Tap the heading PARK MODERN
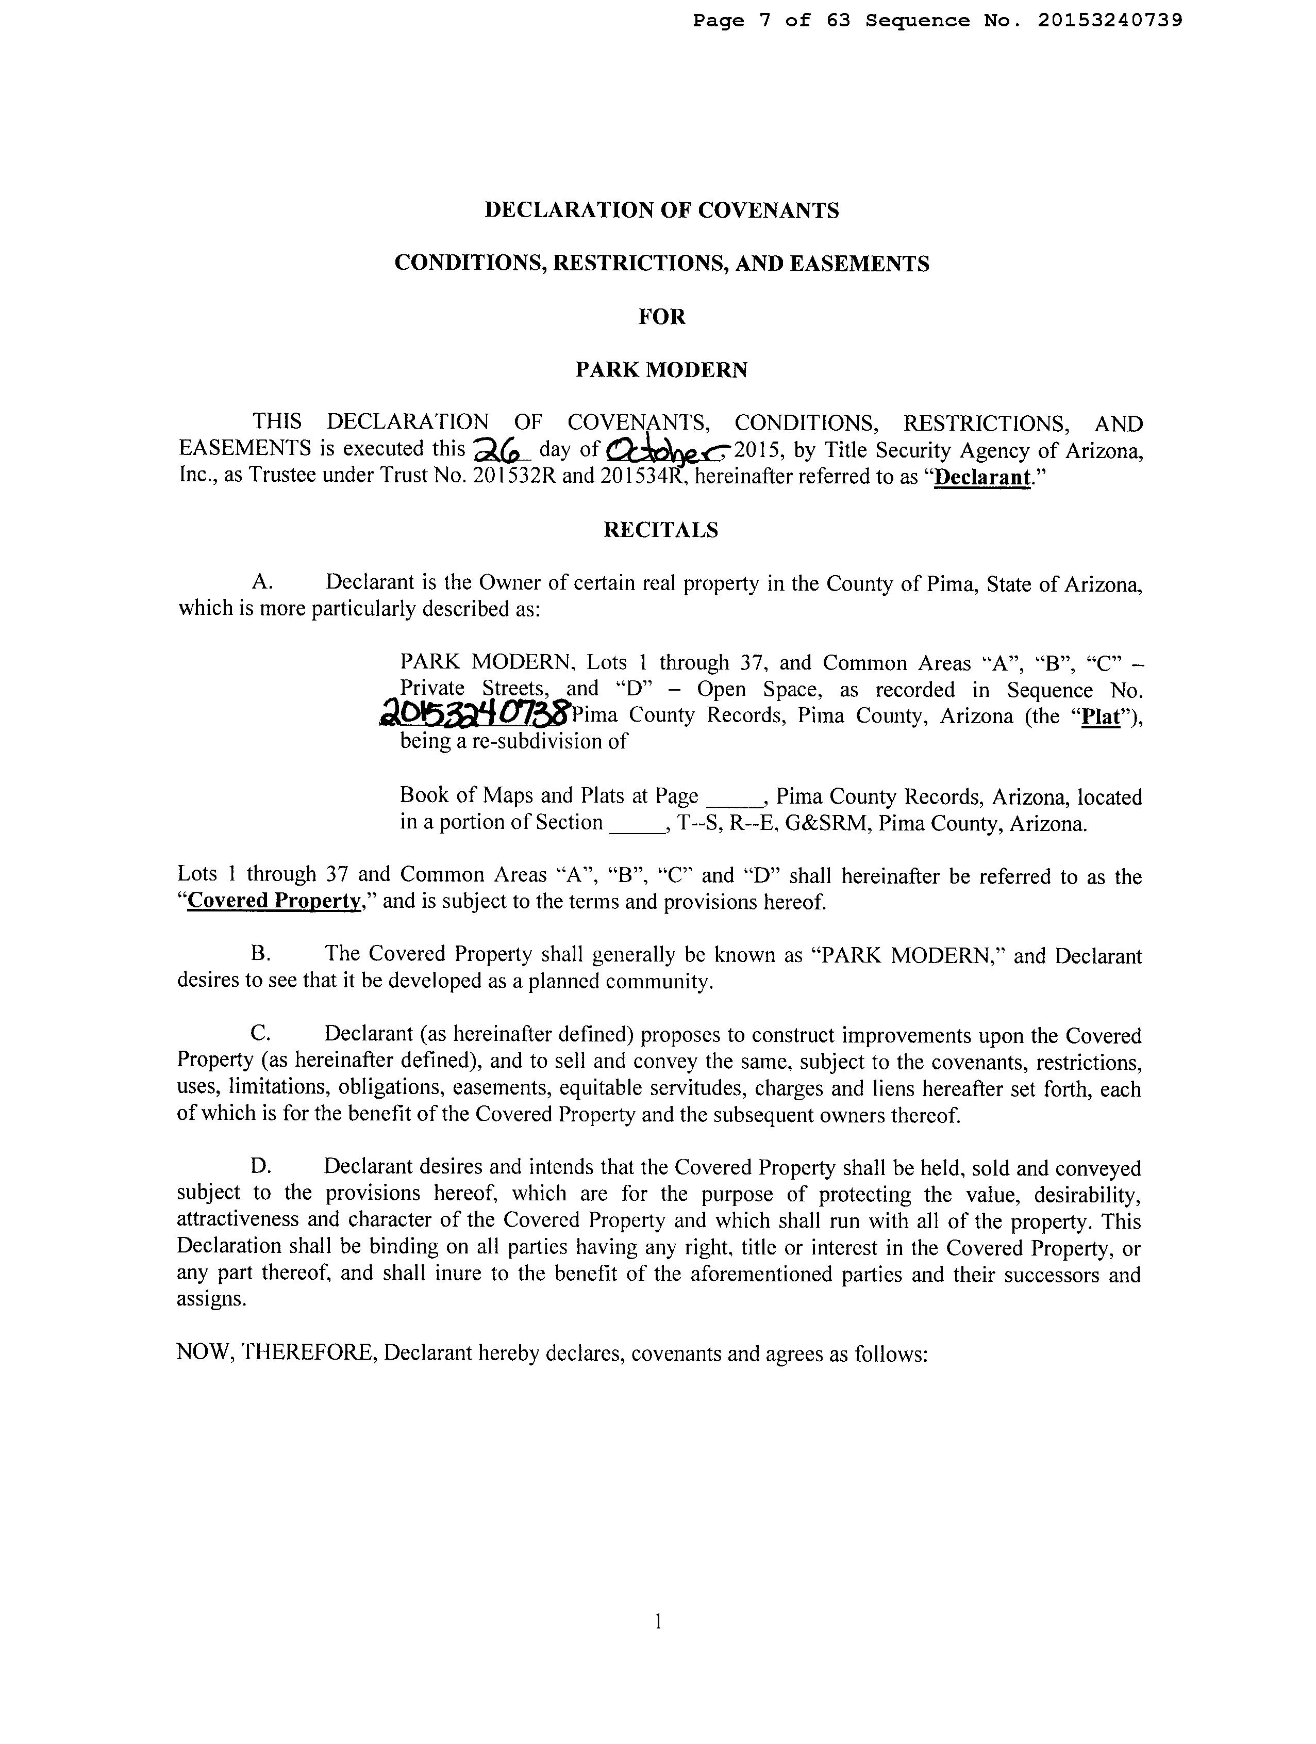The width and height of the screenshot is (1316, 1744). tap(661, 370)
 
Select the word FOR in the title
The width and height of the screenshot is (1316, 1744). tap(661, 317)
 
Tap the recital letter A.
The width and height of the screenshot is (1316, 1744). tap(262, 583)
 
